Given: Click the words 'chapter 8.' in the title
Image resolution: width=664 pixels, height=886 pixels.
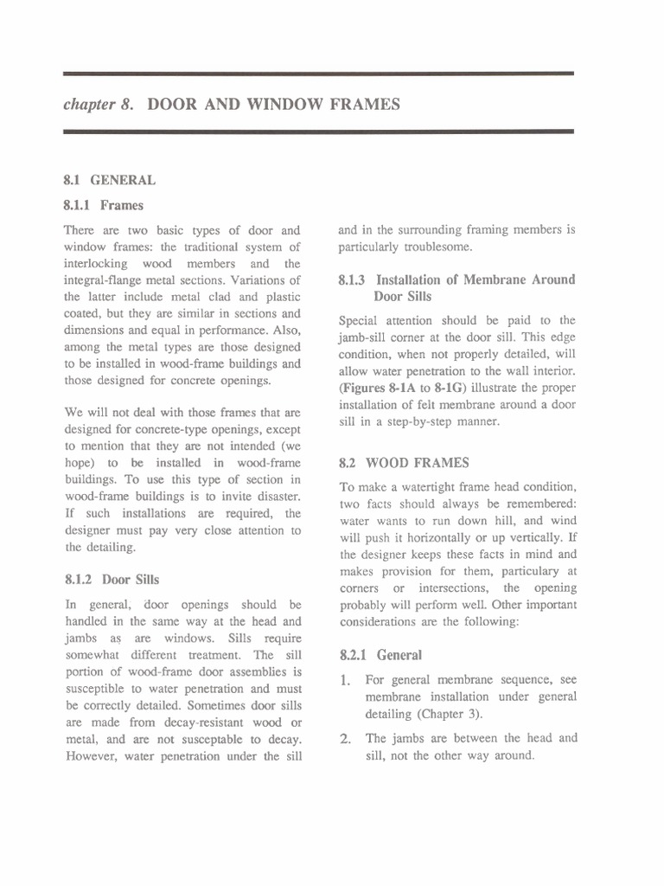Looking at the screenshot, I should pyautogui.click(x=98, y=105).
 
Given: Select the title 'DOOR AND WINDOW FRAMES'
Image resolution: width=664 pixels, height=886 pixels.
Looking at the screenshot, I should pyautogui.click(x=274, y=105).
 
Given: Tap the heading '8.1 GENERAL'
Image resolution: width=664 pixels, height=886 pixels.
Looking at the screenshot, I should pyautogui.click(x=109, y=180).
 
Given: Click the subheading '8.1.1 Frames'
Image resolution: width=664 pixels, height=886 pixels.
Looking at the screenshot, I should pyautogui.click(x=104, y=206).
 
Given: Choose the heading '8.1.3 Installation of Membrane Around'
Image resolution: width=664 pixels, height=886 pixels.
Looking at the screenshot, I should pyautogui.click(x=456, y=279).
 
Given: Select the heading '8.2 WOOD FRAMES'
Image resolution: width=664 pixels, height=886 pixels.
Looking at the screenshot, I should pyautogui.click(x=405, y=463).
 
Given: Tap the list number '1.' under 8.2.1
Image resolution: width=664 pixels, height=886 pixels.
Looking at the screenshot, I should pyautogui.click(x=345, y=681).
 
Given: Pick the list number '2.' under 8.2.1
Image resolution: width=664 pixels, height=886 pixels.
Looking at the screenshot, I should pyautogui.click(x=345, y=739).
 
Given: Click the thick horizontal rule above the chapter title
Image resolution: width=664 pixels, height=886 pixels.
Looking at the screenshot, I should pyautogui.click(x=318, y=74).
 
